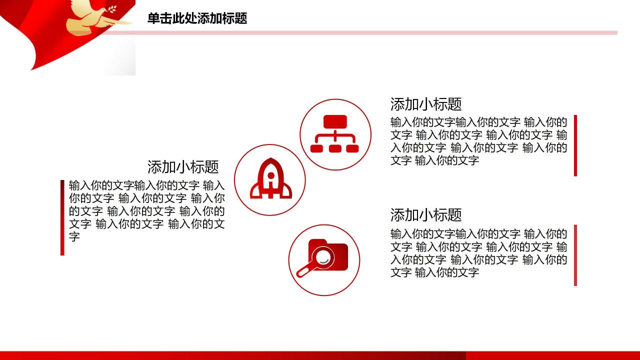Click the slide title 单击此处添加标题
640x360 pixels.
pos(197,19)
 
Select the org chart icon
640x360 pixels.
pos(335,134)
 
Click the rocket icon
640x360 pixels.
pos(270,179)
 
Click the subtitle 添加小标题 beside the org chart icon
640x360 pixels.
pos(425,104)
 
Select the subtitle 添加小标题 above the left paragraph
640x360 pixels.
pos(183,166)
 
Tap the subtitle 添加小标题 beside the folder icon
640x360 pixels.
pos(425,215)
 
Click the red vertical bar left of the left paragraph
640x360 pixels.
pos(62,217)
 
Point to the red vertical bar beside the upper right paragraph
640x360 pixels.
pos(575,145)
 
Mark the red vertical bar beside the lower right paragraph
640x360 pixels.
pos(575,255)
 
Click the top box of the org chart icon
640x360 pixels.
pos(335,122)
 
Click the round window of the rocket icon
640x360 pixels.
pos(270,175)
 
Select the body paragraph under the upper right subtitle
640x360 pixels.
pos(478,141)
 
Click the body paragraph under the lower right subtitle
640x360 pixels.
pos(478,253)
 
